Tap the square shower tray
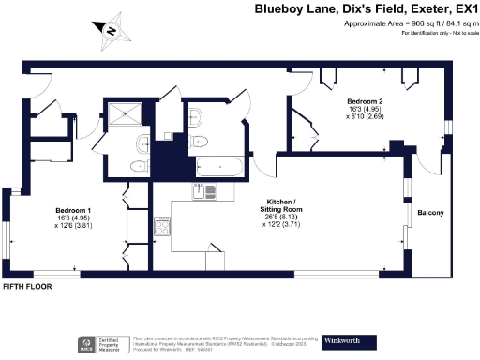[127, 115]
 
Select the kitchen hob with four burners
[161, 227]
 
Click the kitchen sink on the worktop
[202, 192]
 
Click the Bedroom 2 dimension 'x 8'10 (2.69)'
[363, 118]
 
